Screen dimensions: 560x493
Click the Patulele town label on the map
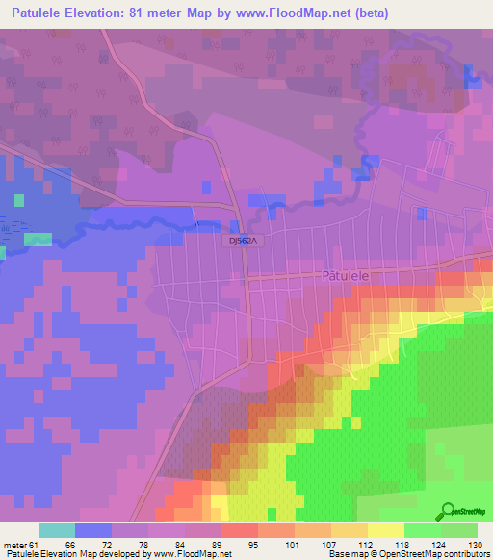344,274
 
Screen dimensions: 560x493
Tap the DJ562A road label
246,243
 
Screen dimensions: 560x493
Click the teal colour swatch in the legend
57,530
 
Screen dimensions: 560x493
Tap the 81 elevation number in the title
141,13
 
